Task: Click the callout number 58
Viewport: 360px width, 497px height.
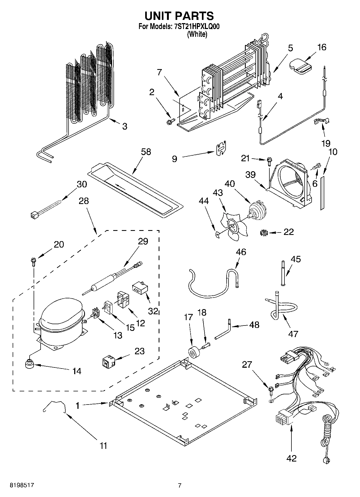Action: click(146, 152)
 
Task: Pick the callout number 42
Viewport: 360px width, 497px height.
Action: click(291, 458)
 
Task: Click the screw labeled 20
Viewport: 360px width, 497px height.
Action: click(33, 261)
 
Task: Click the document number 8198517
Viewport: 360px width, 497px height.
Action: click(22, 485)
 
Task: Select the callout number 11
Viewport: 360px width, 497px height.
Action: click(103, 445)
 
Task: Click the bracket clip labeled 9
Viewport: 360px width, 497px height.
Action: click(222, 148)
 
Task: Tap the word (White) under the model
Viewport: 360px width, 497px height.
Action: click(197, 34)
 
